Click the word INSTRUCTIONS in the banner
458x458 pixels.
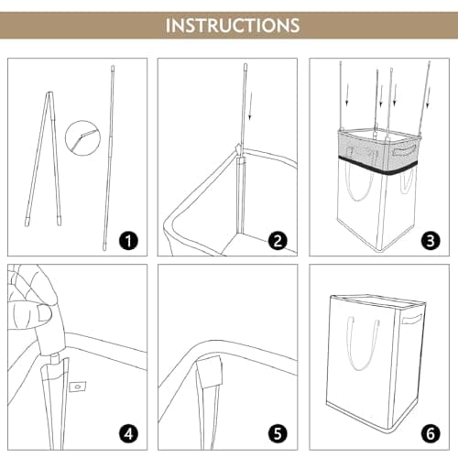click(233, 25)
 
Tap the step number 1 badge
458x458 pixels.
click(128, 241)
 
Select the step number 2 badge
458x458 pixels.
click(278, 241)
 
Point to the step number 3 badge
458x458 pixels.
click(431, 241)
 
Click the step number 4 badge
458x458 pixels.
click(128, 433)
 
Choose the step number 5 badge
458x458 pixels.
click(278, 433)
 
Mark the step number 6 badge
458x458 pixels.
click(431, 433)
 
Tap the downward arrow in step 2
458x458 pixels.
click(250, 106)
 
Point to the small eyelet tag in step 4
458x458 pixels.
click(78, 387)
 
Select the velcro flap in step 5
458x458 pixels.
click(210, 372)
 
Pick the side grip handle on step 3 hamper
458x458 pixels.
click(405, 150)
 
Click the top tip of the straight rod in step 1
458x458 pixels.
click(113, 66)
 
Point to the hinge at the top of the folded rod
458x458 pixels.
click(49, 93)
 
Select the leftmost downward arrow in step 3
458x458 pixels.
click(346, 95)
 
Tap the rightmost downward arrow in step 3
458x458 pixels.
click(429, 97)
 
